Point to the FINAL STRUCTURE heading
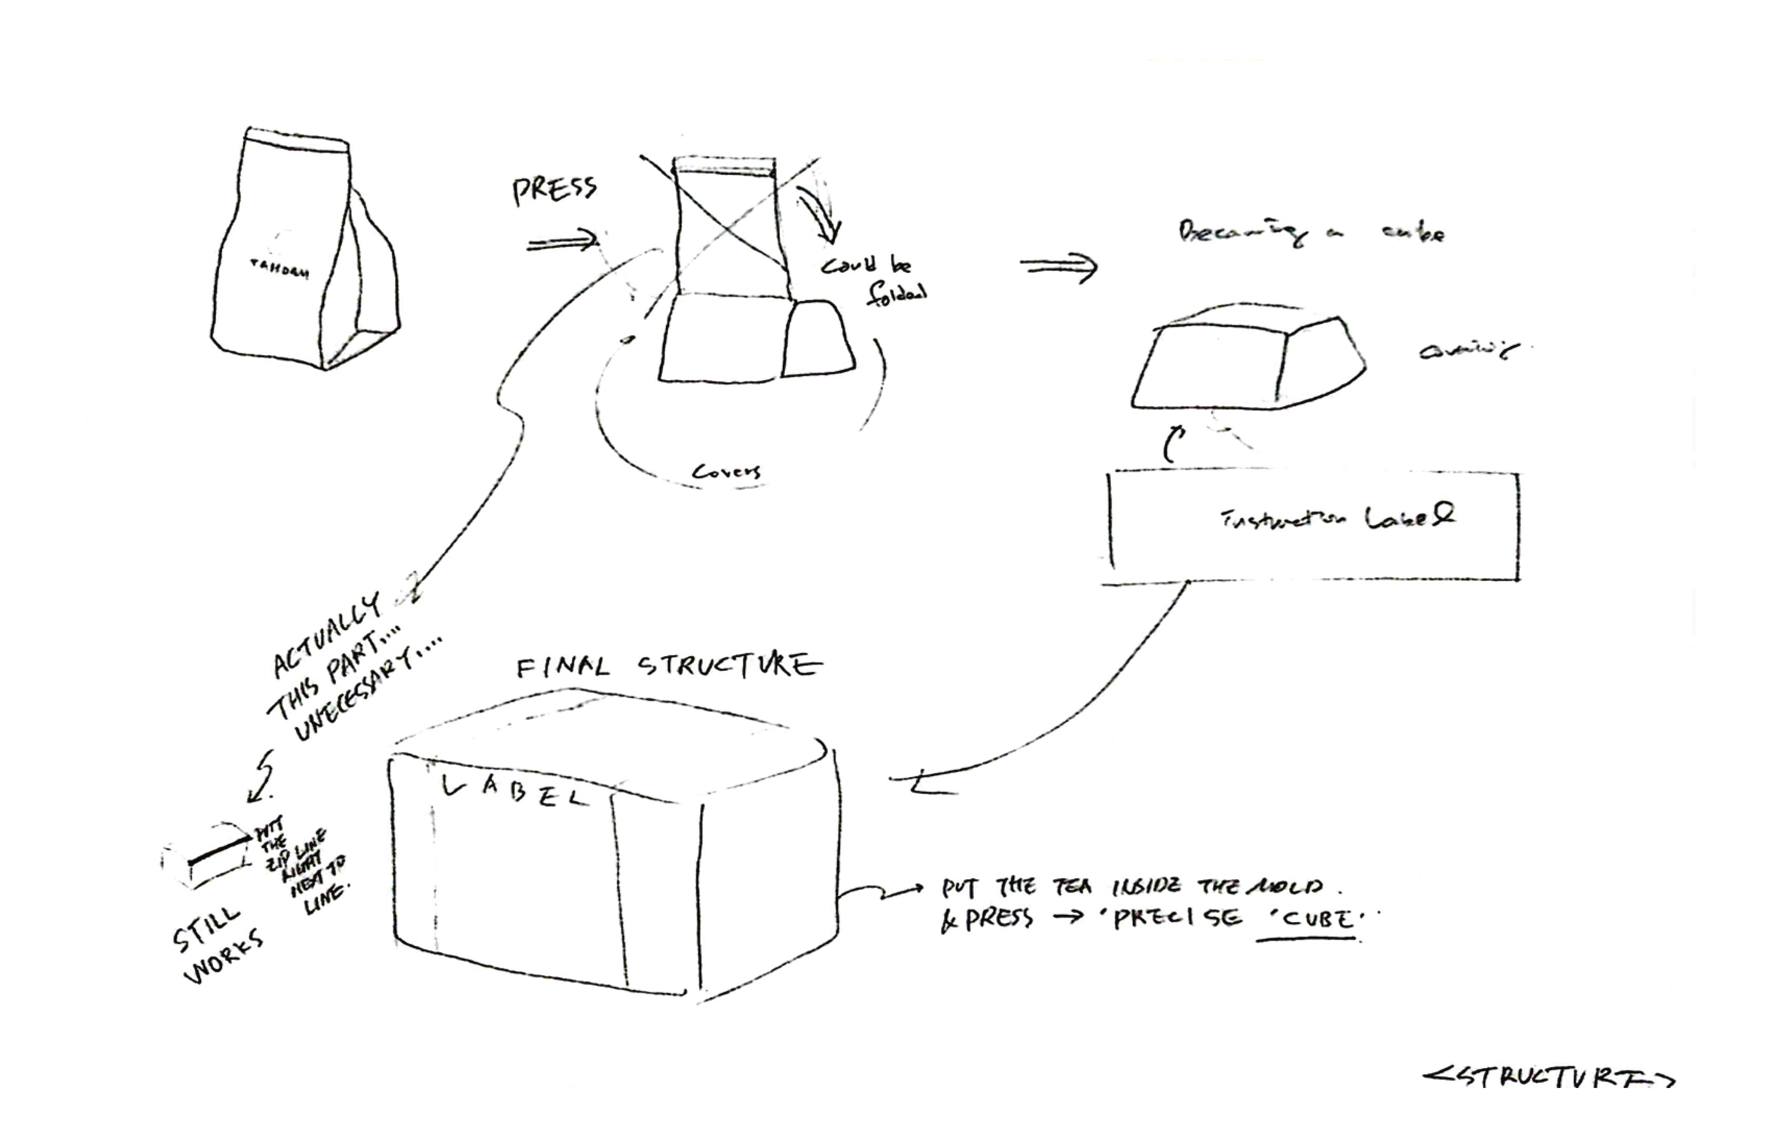click(x=669, y=665)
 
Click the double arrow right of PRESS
click(x=563, y=242)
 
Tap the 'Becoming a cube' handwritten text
click(x=1310, y=233)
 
